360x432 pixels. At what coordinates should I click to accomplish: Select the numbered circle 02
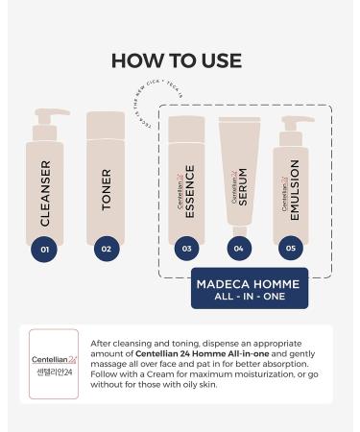tap(106, 249)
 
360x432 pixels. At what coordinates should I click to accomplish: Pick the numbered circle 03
tap(186, 249)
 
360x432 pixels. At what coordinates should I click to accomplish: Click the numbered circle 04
tap(239, 249)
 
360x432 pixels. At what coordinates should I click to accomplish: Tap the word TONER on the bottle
tap(106, 188)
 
